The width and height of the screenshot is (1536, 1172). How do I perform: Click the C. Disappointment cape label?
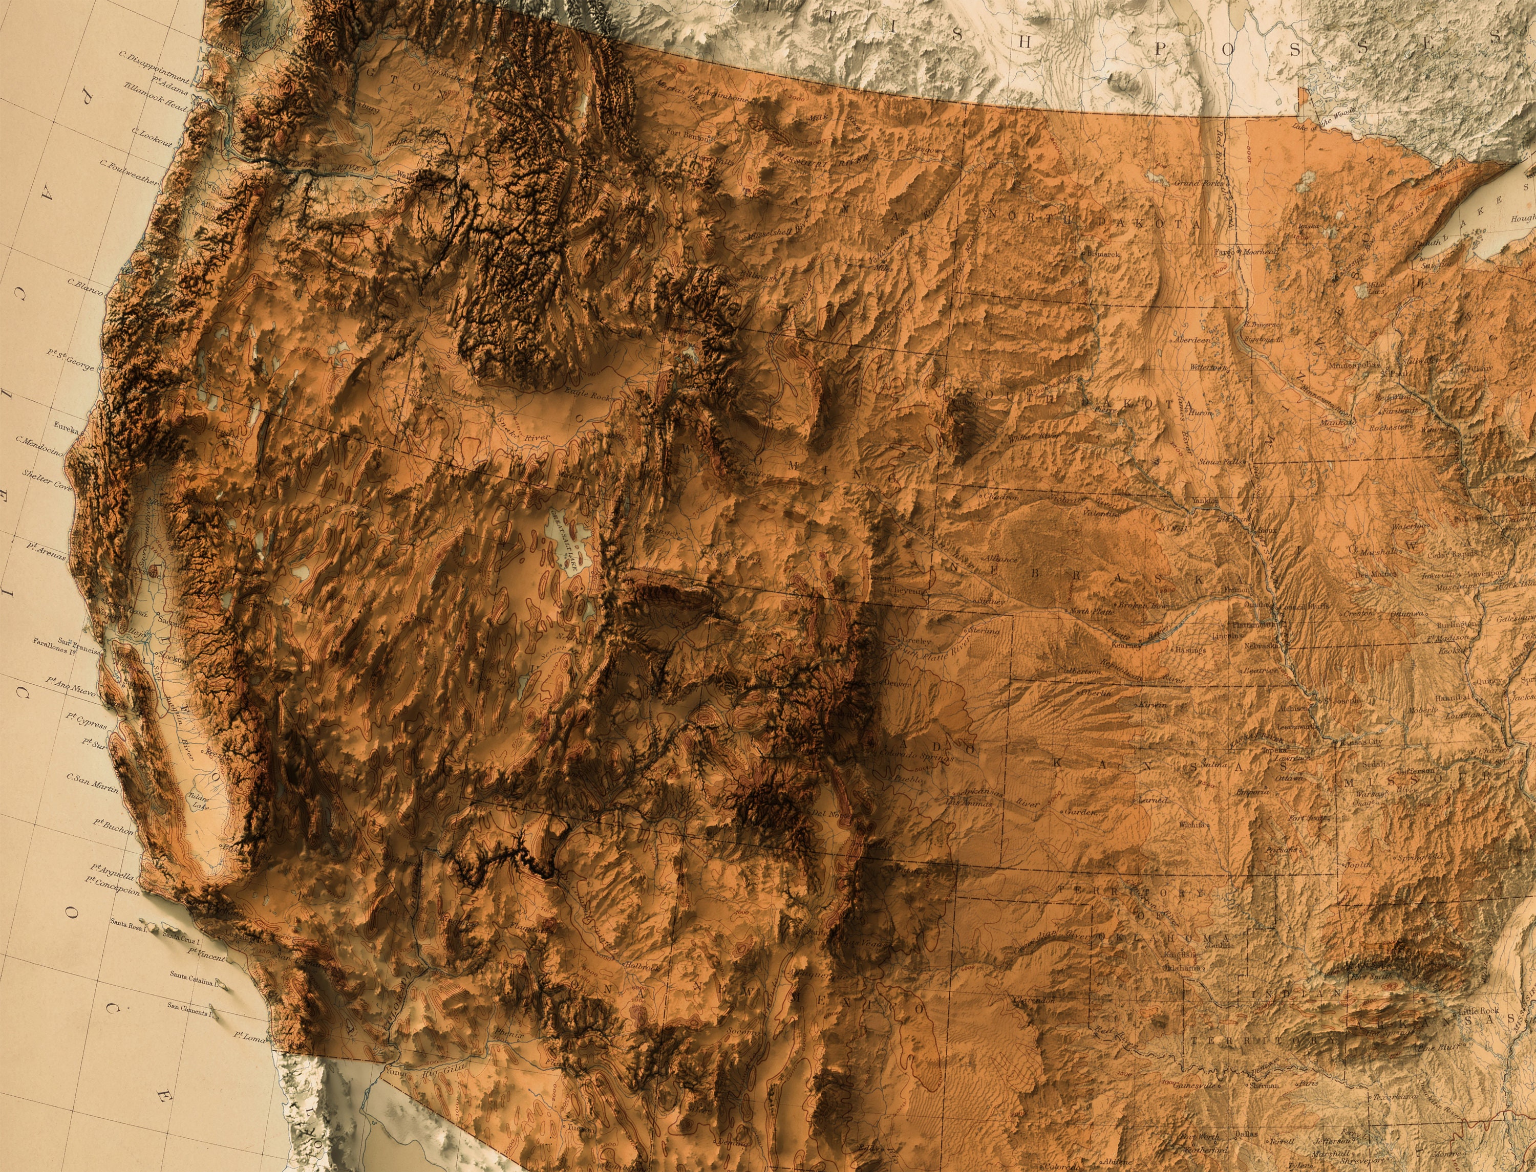154,67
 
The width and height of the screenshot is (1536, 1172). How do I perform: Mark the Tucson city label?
579,1128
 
